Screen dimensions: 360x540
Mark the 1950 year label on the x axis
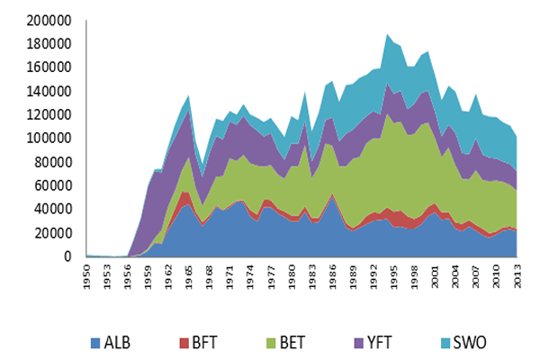tap(88, 275)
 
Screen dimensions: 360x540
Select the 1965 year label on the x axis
tap(185, 275)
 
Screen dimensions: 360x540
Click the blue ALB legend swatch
tap(94, 343)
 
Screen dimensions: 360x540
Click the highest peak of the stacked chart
tap(387, 34)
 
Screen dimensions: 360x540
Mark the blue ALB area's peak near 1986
tap(333, 195)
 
